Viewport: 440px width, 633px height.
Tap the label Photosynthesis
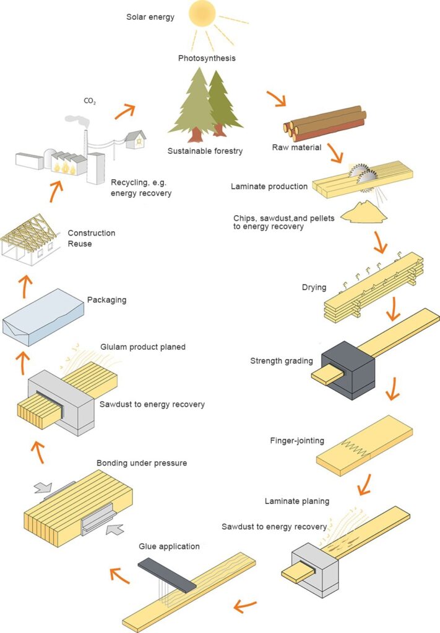tap(207, 59)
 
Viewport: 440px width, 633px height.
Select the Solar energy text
tap(150, 17)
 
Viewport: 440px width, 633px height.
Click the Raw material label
tap(296, 147)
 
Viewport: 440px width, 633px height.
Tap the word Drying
tap(314, 287)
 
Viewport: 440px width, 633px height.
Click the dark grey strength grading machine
tap(349, 365)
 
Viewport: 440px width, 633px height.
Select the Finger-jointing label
tap(296, 441)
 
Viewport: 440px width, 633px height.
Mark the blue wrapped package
tap(43, 316)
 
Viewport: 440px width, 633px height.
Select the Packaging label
tap(106, 300)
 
